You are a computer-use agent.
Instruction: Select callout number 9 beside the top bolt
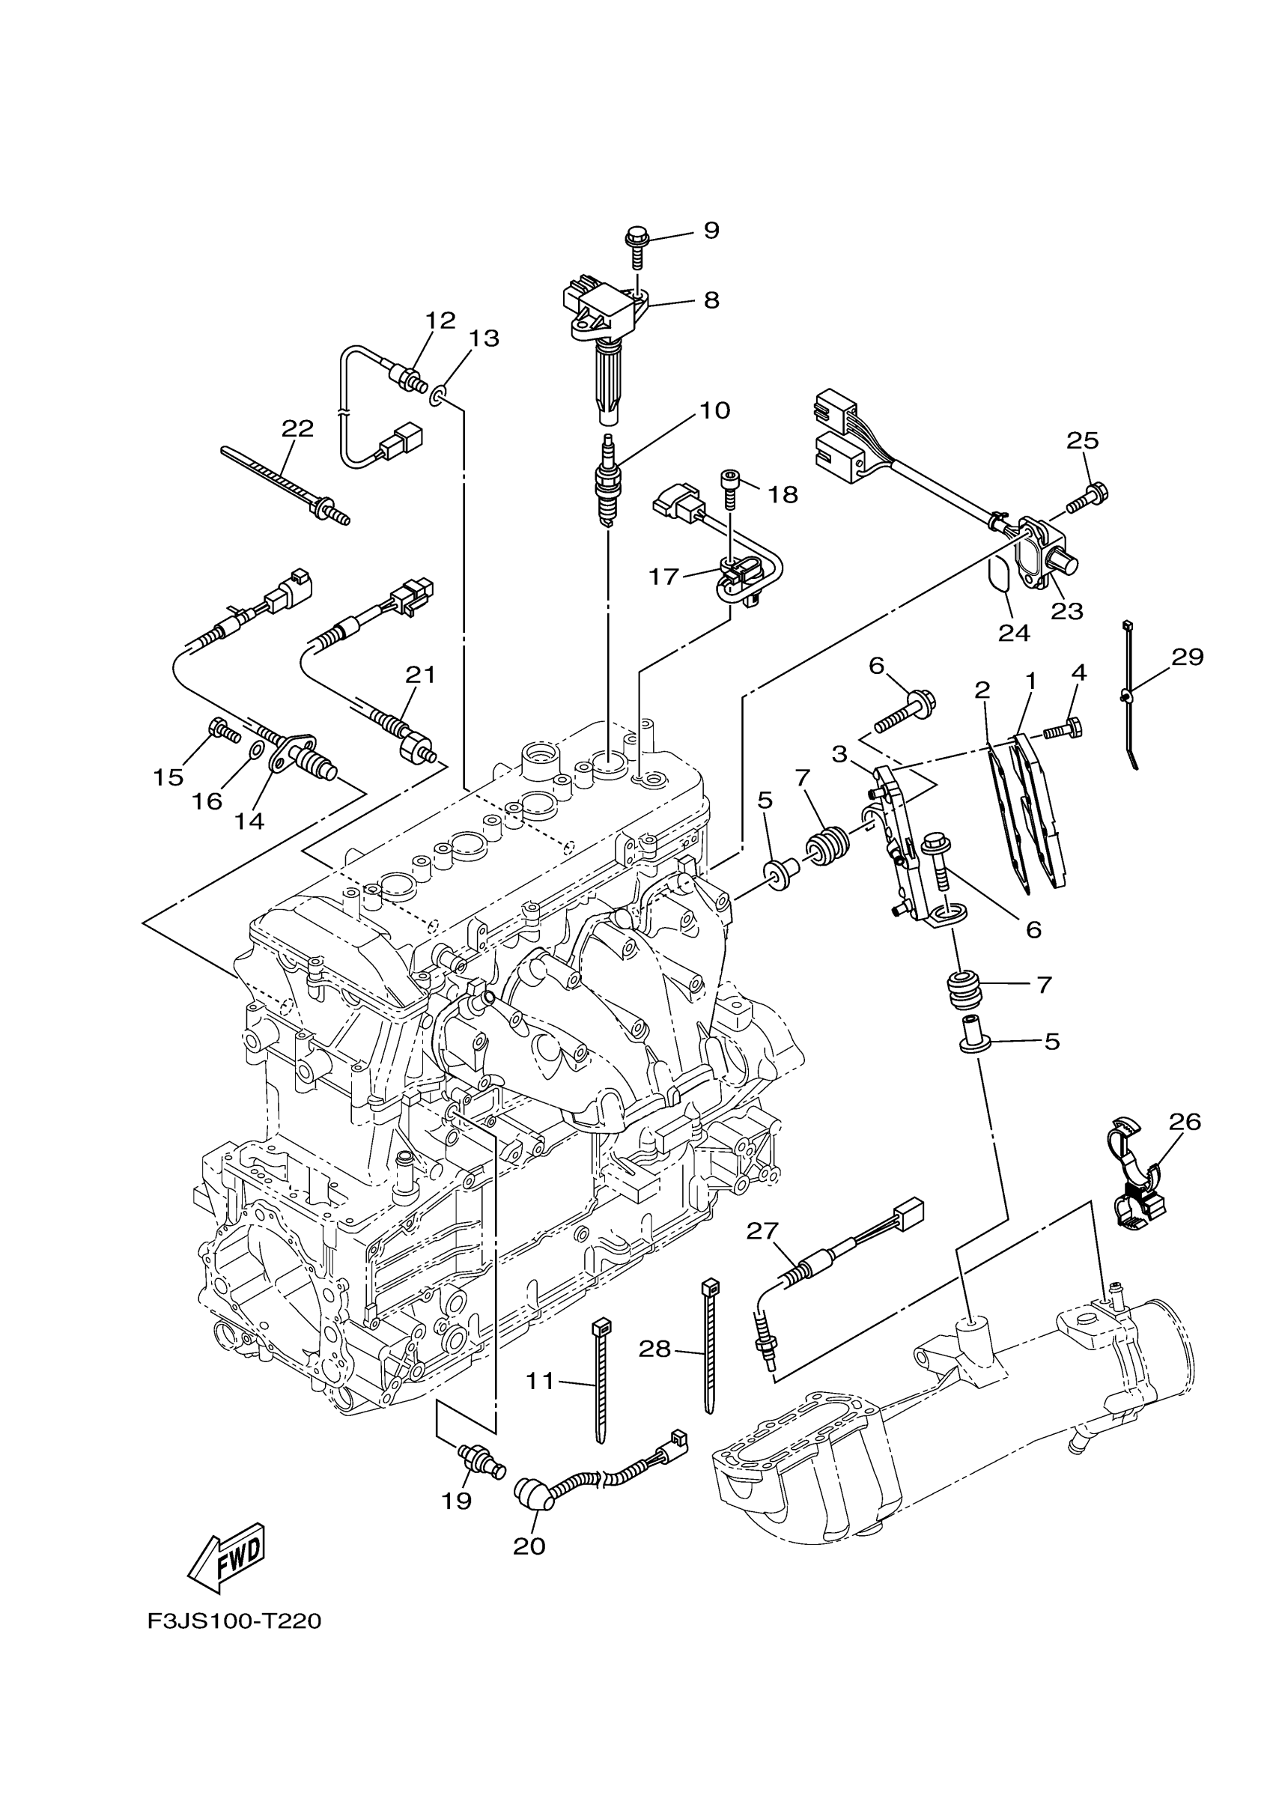711,231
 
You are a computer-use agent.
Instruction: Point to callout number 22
298,428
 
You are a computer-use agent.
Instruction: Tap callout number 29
1188,657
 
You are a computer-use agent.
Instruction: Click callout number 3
840,755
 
